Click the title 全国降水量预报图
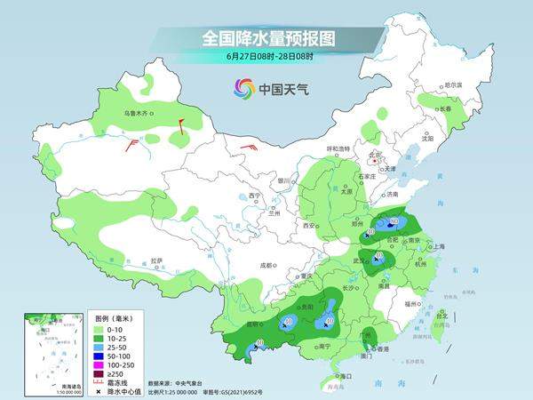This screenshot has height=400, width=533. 267,39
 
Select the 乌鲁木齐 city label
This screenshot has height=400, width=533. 139,113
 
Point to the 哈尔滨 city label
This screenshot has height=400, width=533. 453,84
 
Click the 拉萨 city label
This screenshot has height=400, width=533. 156,260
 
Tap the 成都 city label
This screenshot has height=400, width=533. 266,265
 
